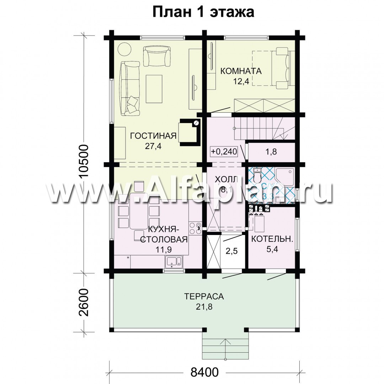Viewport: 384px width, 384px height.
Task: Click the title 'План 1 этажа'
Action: (x=203, y=12)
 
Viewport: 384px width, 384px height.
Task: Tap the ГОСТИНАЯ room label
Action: (x=153, y=136)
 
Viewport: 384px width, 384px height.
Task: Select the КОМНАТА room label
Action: (x=241, y=71)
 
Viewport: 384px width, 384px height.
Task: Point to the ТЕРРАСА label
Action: (x=204, y=296)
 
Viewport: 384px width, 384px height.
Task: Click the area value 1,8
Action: (x=272, y=152)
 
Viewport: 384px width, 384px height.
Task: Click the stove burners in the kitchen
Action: (x=196, y=228)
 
